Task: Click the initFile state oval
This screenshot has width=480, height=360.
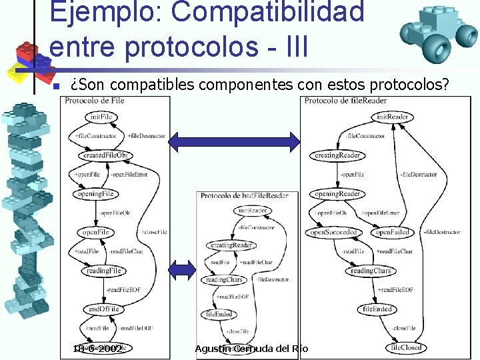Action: coord(101,117)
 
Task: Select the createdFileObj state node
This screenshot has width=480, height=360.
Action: coord(107,155)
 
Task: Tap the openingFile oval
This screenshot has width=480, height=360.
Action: coord(95,194)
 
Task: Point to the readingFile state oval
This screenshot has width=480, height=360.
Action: coord(104,271)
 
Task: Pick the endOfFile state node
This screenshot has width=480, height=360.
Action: coord(103,309)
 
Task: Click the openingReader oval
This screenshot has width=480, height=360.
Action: coord(337,194)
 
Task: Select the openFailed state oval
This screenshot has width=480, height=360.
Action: coord(391,233)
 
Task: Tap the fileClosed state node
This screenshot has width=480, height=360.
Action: coord(407,348)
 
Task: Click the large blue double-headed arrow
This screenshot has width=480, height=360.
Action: coord(234,140)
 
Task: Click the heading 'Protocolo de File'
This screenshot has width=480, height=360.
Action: coord(95,101)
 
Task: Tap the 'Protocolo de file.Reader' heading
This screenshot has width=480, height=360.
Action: coord(345,101)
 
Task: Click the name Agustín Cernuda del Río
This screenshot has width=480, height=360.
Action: coord(251,349)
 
